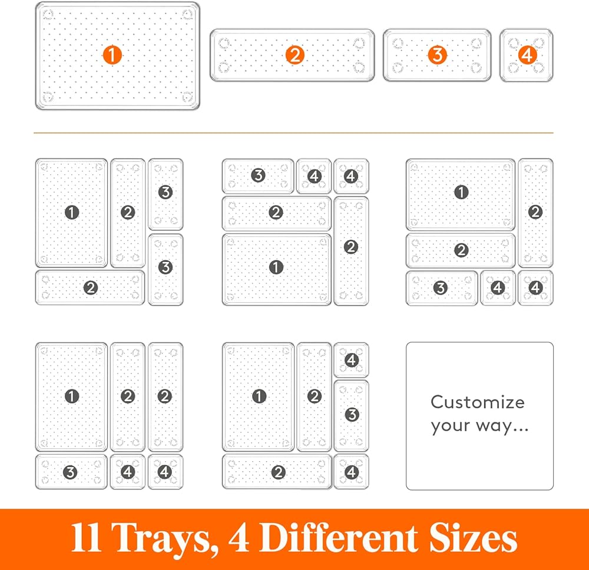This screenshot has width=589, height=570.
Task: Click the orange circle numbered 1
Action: [x=112, y=55]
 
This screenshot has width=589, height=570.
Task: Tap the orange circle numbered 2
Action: [x=295, y=55]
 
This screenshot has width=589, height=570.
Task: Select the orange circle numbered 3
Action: [x=437, y=55]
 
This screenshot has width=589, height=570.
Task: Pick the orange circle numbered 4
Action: [x=527, y=55]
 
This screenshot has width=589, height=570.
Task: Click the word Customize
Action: [x=478, y=402]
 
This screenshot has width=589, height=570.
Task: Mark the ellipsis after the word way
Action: [x=521, y=430]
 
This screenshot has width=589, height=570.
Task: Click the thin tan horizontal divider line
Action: [x=293, y=133]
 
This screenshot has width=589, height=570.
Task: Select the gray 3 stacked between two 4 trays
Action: [x=352, y=415]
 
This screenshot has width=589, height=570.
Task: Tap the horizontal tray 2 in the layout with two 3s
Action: [x=90, y=288]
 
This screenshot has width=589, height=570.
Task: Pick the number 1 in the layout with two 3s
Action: [x=72, y=212]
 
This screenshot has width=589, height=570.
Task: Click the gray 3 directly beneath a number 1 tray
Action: [x=70, y=472]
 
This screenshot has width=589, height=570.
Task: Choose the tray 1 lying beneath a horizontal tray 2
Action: [x=277, y=269]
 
